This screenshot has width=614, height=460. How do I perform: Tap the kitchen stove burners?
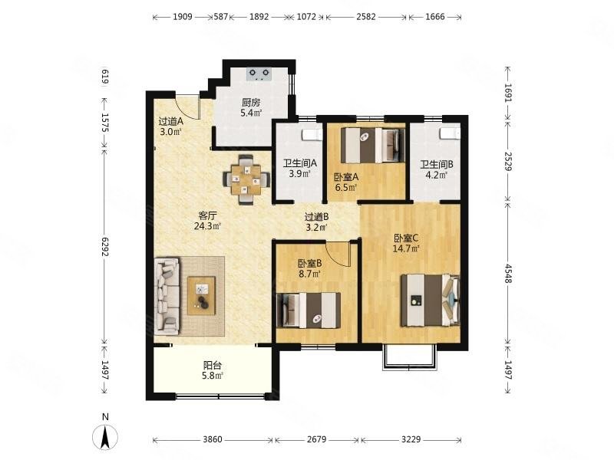click(259, 74)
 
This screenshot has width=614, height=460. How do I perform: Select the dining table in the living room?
click(246, 180)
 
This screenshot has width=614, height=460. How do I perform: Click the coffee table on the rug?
click(201, 296)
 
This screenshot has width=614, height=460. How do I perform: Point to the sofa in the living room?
click(167, 296)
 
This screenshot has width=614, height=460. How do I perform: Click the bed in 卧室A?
click(372, 146)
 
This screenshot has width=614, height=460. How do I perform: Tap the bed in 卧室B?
click(309, 310)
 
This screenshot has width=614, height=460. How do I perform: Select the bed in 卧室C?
click(430, 301)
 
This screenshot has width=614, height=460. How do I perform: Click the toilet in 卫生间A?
click(312, 135)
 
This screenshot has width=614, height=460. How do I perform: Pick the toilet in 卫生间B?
click(450, 133)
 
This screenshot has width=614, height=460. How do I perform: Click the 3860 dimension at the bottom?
click(213, 439)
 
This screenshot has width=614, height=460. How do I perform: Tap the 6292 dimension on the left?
click(105, 247)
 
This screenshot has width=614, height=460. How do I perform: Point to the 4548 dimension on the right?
click(508, 274)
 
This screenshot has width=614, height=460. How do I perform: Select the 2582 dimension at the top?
click(366, 17)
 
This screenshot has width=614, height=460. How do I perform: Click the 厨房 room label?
click(251, 103)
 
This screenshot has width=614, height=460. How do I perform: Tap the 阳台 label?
click(213, 366)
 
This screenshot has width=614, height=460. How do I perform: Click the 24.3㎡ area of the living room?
click(207, 225)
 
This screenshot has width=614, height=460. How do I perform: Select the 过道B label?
click(317, 216)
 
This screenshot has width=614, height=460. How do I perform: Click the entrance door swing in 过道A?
click(187, 107)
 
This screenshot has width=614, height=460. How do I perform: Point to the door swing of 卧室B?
click(338, 255)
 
